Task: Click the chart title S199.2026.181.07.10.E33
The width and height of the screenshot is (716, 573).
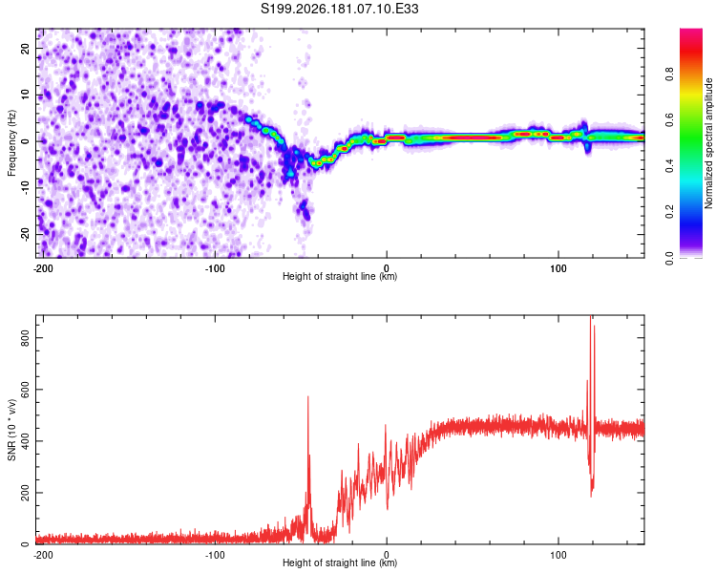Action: (339, 9)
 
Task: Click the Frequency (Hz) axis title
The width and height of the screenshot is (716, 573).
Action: (11, 143)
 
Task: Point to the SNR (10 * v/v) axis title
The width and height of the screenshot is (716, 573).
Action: (11, 430)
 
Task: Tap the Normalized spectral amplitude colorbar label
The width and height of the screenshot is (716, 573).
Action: (708, 143)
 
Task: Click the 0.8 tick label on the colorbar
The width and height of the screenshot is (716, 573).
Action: (670, 74)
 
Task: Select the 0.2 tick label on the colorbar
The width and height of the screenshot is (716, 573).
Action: (670, 212)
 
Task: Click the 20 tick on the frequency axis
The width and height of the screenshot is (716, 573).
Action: (26, 48)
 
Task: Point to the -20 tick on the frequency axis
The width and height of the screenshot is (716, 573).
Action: (26, 234)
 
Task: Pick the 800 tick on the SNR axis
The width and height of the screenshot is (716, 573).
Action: (26, 338)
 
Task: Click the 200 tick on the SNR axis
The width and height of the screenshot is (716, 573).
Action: (26, 493)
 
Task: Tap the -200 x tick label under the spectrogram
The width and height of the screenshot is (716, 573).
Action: (43, 268)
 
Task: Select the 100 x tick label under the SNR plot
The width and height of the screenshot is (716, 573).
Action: (558, 555)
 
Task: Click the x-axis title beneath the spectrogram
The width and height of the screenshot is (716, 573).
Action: (340, 276)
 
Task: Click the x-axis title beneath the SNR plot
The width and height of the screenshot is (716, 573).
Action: (340, 562)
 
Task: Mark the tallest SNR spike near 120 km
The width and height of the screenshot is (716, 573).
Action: (590, 317)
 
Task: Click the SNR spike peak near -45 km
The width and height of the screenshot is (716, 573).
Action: (307, 396)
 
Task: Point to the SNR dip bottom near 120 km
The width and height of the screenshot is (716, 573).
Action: (591, 497)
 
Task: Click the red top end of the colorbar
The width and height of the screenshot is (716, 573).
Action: (691, 31)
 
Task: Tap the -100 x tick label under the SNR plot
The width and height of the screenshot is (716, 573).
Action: (215, 555)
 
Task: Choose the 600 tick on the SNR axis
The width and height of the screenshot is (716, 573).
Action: (26, 390)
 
